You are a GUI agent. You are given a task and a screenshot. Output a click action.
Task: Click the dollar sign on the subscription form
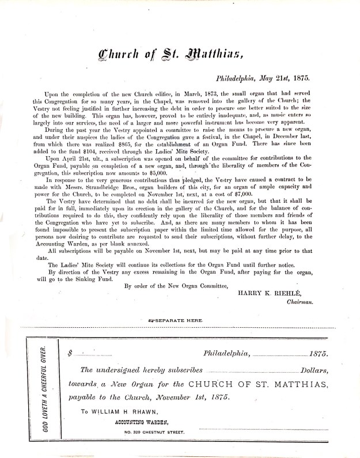pos(70,351)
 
